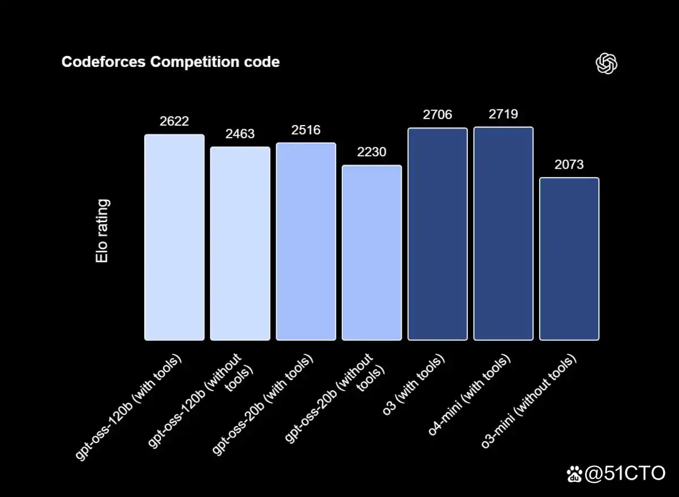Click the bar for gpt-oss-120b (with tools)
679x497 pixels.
(x=174, y=238)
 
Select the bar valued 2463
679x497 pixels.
(x=240, y=244)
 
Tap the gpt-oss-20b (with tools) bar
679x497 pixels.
(x=306, y=242)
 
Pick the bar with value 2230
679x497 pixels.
(x=372, y=253)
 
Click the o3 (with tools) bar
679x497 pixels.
(x=437, y=234)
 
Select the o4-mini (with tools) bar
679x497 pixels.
(x=503, y=234)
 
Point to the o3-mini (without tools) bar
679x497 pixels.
(x=569, y=259)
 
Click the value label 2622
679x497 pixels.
(x=174, y=121)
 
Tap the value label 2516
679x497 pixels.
(x=306, y=130)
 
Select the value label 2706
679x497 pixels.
(x=437, y=115)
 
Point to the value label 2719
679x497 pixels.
(x=503, y=114)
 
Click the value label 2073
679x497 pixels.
(x=569, y=165)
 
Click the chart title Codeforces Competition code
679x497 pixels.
(x=170, y=62)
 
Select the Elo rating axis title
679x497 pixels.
(x=102, y=230)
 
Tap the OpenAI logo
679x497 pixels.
(x=606, y=63)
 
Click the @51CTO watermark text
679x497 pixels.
(x=625, y=473)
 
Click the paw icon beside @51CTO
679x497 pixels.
(x=574, y=474)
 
